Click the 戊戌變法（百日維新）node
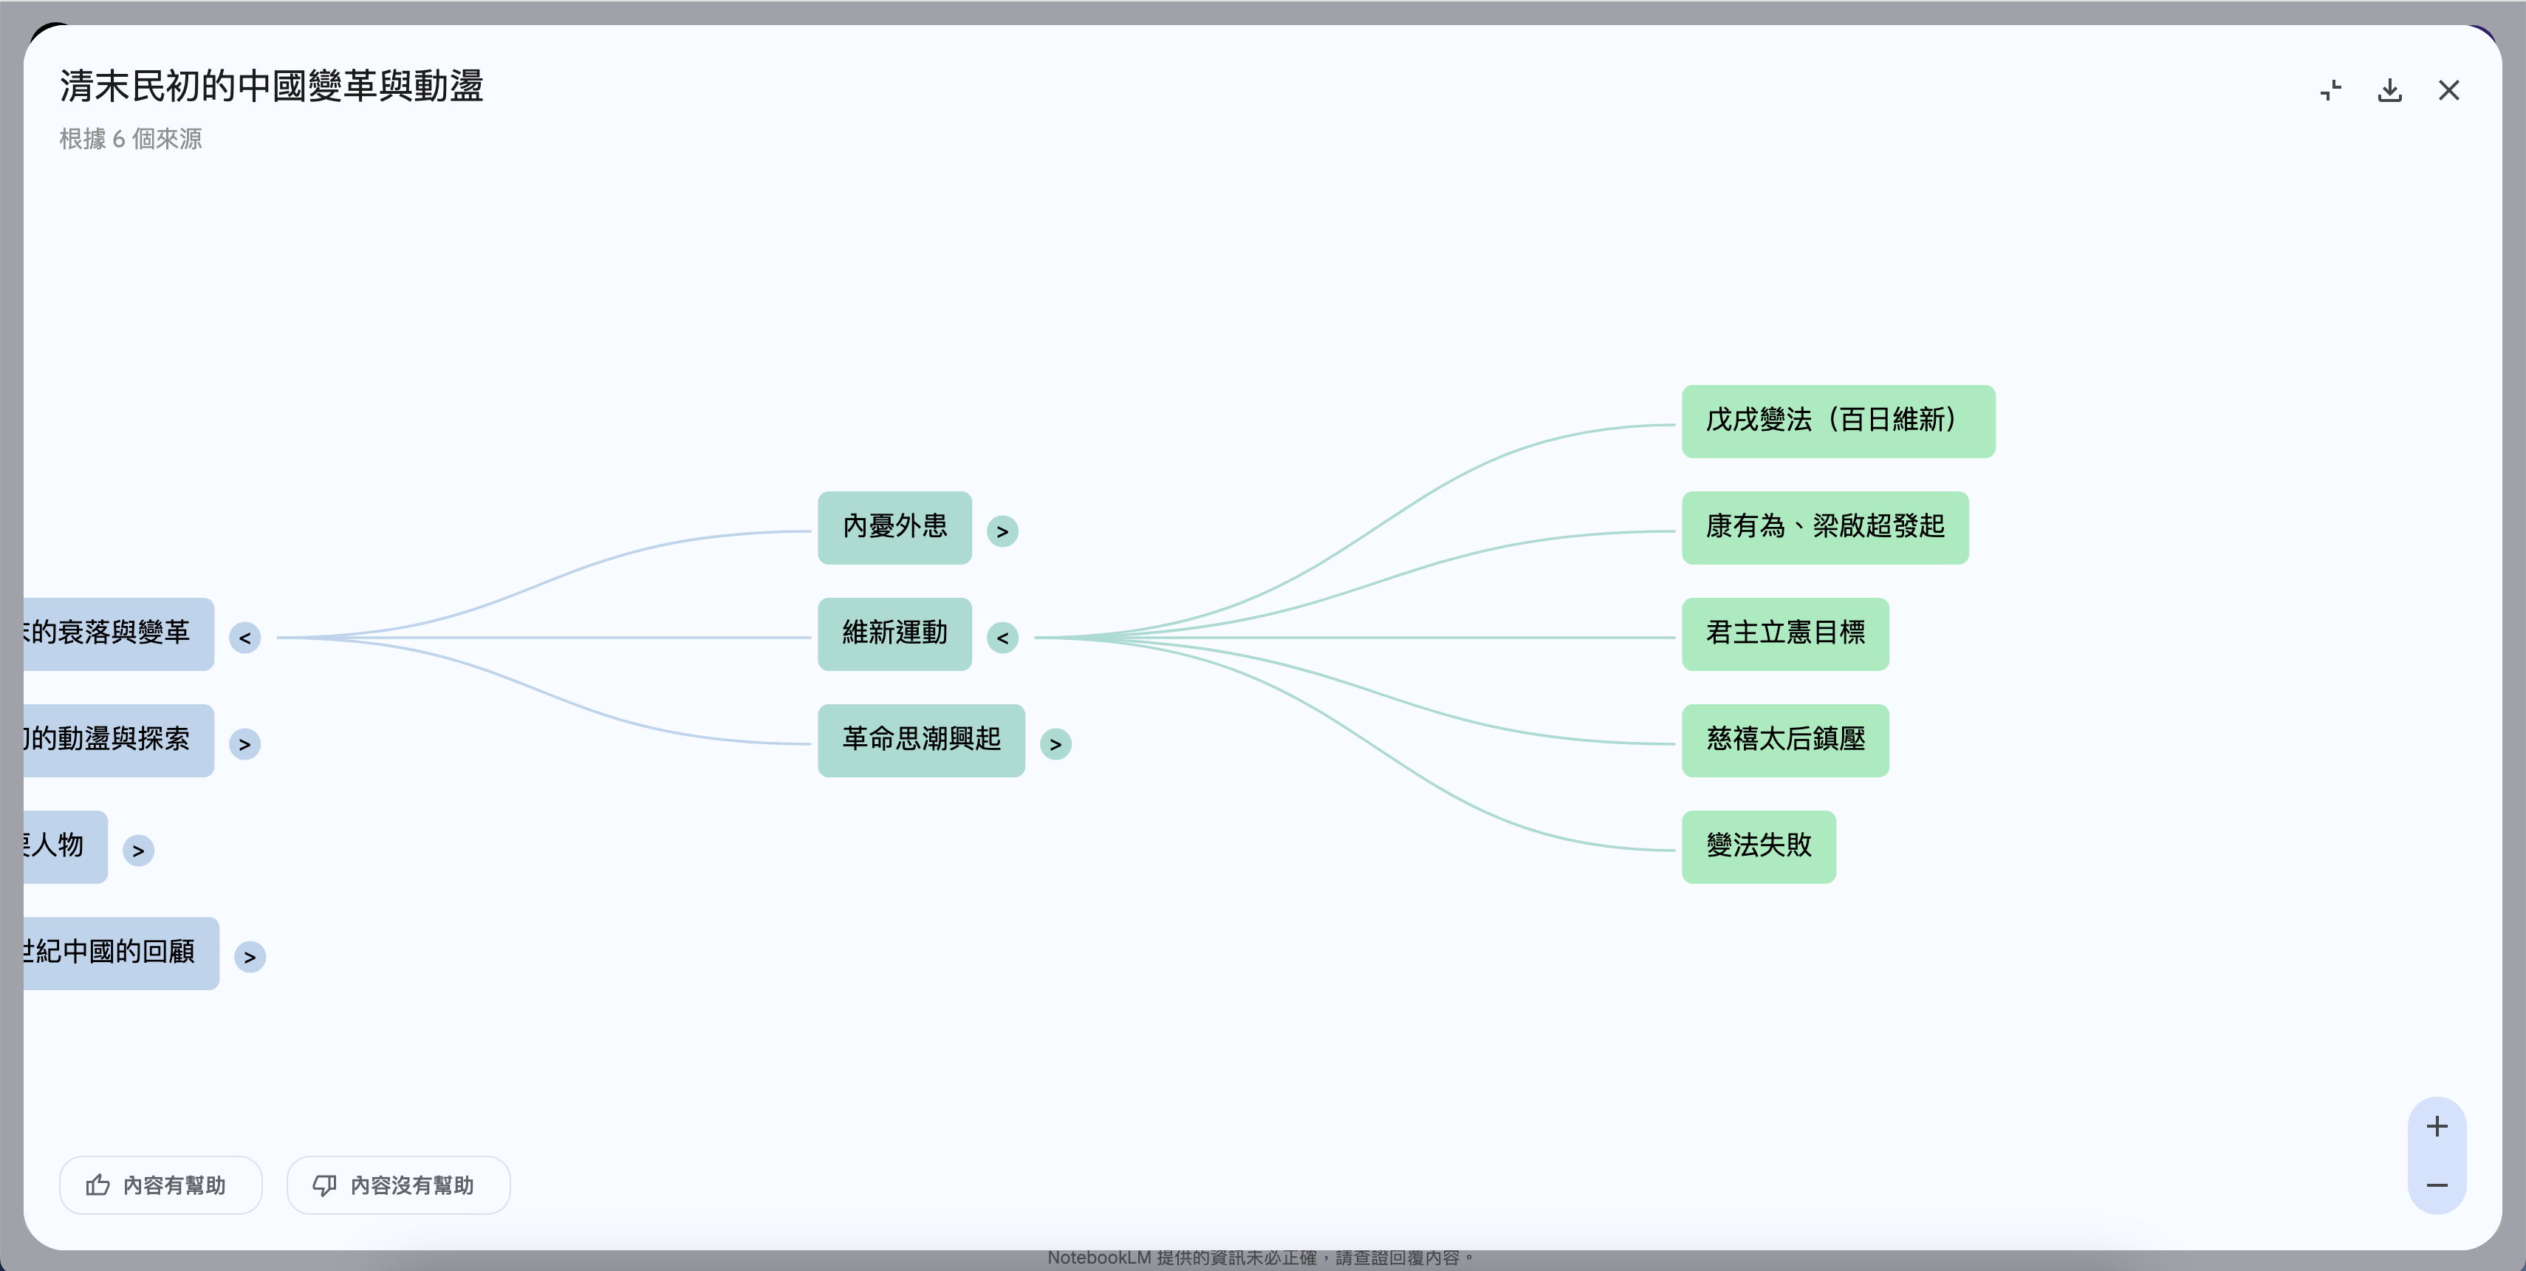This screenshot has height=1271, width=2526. point(1838,420)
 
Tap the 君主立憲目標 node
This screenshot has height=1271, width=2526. point(1784,633)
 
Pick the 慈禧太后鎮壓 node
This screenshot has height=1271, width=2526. point(1784,740)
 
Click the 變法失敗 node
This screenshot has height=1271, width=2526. point(1758,846)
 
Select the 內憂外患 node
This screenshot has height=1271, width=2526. point(894,528)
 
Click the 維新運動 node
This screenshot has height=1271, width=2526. point(894,633)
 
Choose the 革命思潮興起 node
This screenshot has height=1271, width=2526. point(921,740)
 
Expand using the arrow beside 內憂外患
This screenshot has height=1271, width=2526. point(1002,531)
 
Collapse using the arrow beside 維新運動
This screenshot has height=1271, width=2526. point(1002,638)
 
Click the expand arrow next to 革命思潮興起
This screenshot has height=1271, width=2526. point(1055,744)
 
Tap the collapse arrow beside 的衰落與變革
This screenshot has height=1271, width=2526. point(245,638)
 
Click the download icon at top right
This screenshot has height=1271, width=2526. point(2389,91)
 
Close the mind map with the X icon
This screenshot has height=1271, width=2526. point(2448,91)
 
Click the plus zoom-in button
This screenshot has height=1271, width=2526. point(2437,1127)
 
